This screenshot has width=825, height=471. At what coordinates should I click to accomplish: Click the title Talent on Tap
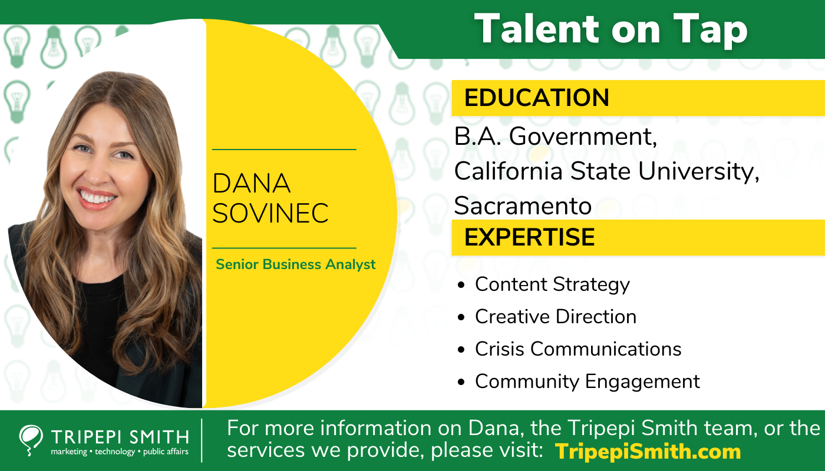pos(610,29)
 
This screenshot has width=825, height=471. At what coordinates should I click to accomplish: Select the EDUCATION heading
pos(536,98)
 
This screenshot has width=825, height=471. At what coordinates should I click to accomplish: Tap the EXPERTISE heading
pos(529,237)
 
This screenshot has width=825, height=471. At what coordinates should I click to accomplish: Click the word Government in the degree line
pos(583,137)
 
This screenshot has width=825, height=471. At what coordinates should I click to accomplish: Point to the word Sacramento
pos(523,206)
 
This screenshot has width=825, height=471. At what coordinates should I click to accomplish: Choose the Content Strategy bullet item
pos(552,284)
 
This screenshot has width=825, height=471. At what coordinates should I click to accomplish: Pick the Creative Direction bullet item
pos(556,317)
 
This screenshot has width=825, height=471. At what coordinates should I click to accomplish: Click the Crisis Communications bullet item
pos(578,349)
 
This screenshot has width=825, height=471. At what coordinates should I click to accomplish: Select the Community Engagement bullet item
pos(588,382)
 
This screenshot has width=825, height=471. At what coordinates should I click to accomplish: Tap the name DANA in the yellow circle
pos(252,184)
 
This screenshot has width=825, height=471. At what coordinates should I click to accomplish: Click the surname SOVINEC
pos(270,213)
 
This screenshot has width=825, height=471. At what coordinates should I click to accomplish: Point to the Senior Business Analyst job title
pos(296,264)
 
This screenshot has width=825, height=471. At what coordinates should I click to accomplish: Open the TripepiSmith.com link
pos(648,452)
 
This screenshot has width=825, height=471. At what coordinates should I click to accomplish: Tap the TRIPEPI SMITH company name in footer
pos(120,437)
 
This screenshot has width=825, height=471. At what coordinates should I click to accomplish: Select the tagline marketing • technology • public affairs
pos(120,452)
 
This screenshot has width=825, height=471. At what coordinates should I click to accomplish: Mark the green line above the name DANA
pos(284,150)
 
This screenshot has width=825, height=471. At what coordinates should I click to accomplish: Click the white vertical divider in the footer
pos(202,440)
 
